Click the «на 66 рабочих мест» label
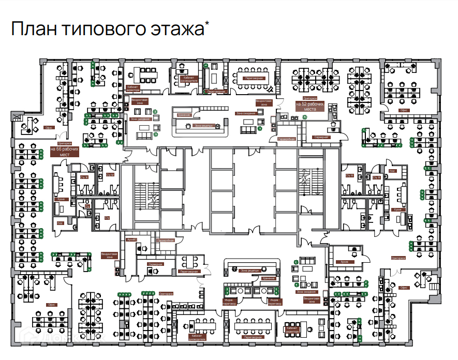point(65,152)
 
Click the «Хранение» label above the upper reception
point(184,115)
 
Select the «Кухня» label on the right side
point(397,210)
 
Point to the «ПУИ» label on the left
point(60,223)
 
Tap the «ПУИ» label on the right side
point(393,171)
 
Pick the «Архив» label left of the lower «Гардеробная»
point(131,240)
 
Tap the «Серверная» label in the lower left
point(155,264)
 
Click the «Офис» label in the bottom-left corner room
point(51,305)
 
